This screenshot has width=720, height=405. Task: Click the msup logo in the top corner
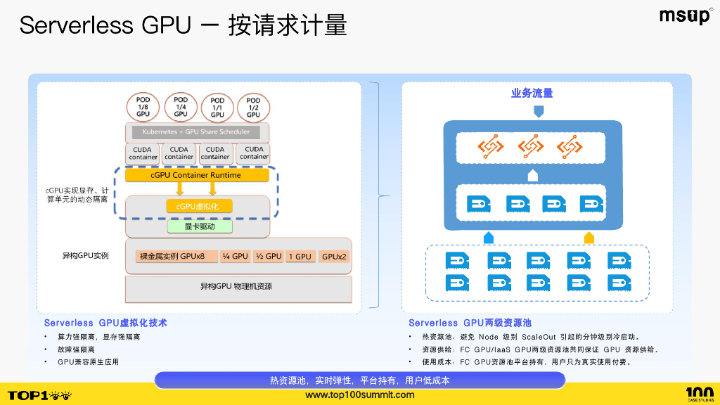pyautogui.click(x=685, y=16)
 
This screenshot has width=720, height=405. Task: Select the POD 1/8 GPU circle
pyautogui.click(x=143, y=107)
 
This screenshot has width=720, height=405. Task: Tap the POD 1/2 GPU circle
pyautogui.click(x=253, y=107)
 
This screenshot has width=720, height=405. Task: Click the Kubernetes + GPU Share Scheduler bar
pyautogui.click(x=196, y=132)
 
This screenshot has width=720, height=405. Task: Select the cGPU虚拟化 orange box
pyautogui.click(x=198, y=206)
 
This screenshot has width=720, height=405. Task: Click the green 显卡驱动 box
pyautogui.click(x=199, y=227)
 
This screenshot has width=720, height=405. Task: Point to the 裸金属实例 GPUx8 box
pyautogui.click(x=172, y=257)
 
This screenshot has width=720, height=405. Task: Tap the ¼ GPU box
pyautogui.click(x=234, y=257)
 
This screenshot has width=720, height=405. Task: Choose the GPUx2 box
pyautogui.click(x=334, y=257)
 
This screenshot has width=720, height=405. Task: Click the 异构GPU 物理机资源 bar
pyautogui.click(x=238, y=287)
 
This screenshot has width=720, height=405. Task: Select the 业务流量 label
pyautogui.click(x=532, y=93)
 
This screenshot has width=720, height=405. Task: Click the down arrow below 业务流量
pyautogui.click(x=539, y=111)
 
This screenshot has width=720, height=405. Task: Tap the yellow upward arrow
pyautogui.click(x=589, y=238)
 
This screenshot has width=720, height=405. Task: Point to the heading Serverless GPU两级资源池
pyautogui.click(x=470, y=323)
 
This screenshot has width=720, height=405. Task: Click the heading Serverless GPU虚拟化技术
pyautogui.click(x=105, y=323)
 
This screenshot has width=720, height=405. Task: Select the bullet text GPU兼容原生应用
pyautogui.click(x=88, y=361)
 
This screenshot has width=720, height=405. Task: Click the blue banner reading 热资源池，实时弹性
pyautogui.click(x=359, y=380)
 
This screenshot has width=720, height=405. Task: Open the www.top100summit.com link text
pyautogui.click(x=359, y=395)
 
